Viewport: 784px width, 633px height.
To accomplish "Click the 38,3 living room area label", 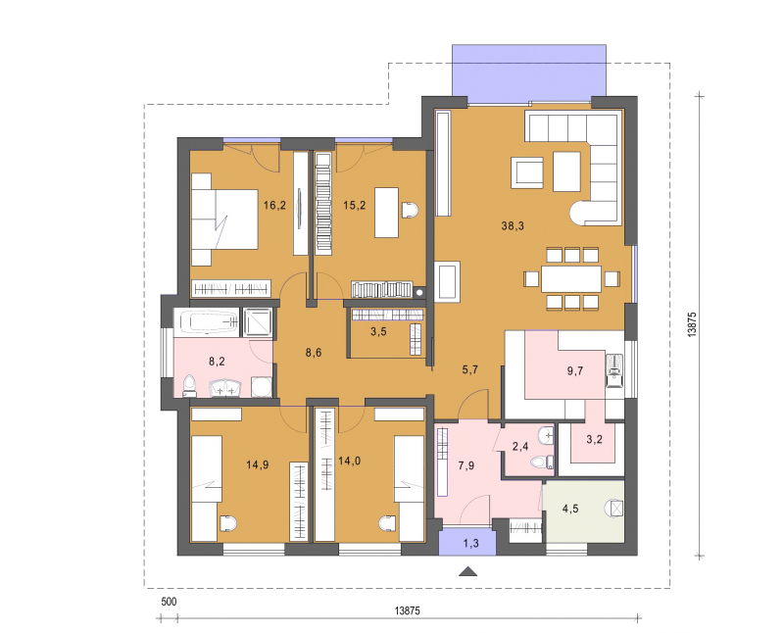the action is [513, 226].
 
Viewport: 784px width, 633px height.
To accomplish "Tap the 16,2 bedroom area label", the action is [274, 205].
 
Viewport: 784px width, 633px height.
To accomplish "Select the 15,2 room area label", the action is [354, 205].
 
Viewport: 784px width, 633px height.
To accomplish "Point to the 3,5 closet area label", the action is [378, 331].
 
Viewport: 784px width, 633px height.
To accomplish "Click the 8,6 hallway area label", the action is [314, 353].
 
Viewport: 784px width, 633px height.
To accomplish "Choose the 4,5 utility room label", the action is [570, 509].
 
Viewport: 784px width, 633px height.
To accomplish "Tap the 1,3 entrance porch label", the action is [471, 543].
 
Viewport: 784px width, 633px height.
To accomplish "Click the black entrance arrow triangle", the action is [467, 571].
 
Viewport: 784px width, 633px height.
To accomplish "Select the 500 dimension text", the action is [169, 602].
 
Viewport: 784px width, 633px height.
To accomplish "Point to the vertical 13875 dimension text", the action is [692, 324].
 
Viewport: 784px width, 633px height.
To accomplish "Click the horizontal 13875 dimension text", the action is [408, 610].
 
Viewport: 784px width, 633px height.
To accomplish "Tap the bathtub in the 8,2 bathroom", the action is [207, 320].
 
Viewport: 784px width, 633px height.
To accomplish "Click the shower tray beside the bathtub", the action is [257, 321].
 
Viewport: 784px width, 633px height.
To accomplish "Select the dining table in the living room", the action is [570, 279].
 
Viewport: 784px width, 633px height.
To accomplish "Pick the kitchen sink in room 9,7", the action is [614, 370].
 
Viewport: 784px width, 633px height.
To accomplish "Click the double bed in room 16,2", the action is [224, 219].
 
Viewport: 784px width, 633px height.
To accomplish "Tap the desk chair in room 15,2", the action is [410, 210].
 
